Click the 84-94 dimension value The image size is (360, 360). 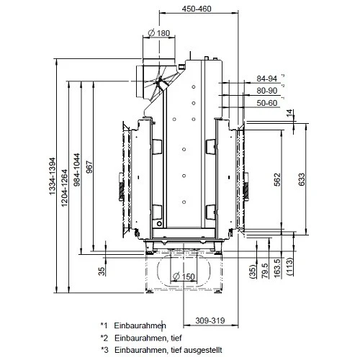[x=266, y=79]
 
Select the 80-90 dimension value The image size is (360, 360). [x=266, y=91]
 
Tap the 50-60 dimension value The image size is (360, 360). [x=266, y=104]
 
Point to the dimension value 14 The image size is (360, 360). [x=290, y=114]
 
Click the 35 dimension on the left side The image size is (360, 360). [x=102, y=270]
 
